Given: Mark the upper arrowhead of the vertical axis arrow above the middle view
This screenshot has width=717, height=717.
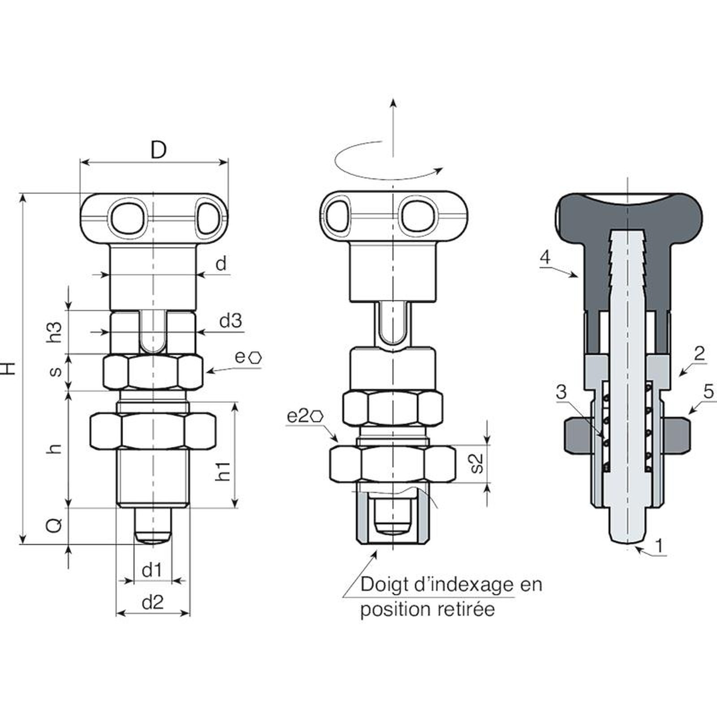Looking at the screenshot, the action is pos(393,98).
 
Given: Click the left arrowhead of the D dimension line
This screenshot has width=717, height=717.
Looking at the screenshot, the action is pos(80,162).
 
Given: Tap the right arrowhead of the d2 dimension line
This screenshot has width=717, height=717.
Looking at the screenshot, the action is pos(190,613).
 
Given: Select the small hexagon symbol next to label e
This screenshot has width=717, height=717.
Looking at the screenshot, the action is pos(255,358).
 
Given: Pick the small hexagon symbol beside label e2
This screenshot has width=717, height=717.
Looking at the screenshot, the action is pos(317,416).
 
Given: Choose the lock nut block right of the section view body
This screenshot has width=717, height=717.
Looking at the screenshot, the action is pos(674,434).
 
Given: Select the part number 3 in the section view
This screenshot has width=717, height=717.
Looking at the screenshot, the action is pos(561,393).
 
